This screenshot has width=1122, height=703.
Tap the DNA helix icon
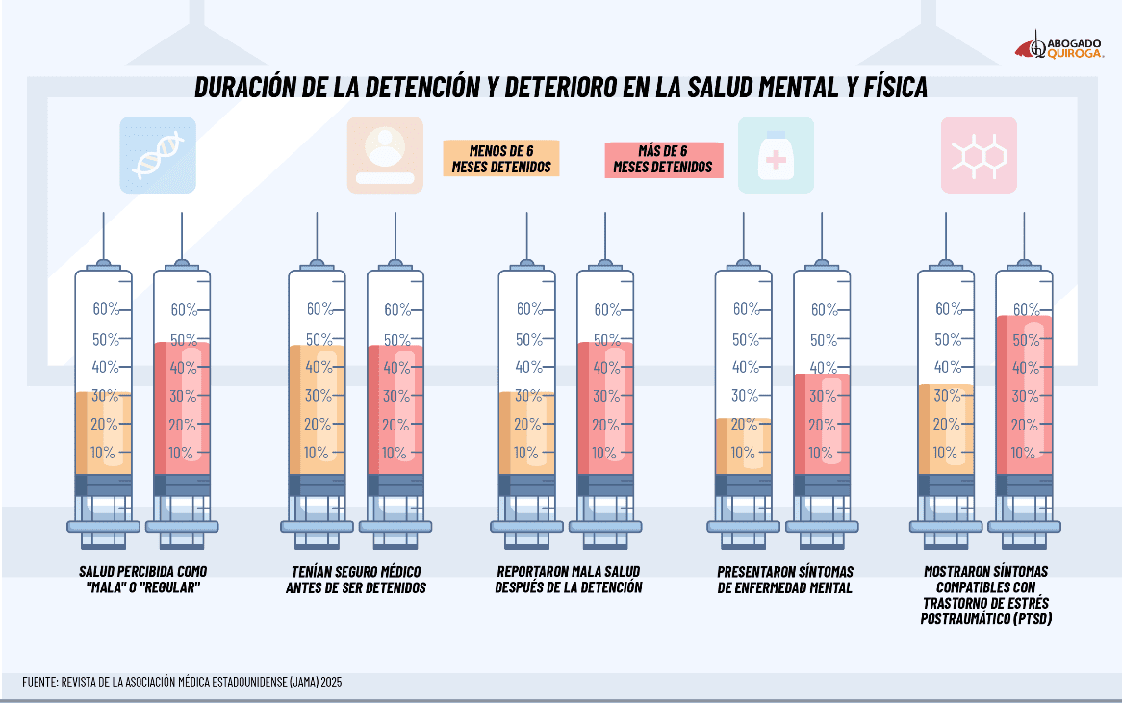point(158,155)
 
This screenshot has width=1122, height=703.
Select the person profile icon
point(385,155)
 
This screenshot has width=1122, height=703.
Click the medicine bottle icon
point(775,155)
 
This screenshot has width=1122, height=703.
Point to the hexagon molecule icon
point(979,155)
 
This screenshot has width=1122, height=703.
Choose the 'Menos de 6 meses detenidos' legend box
point(501,159)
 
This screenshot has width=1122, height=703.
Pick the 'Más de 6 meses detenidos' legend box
point(662,159)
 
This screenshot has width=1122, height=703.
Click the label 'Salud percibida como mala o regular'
point(142,579)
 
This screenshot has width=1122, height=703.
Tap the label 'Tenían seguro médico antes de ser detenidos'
point(356,579)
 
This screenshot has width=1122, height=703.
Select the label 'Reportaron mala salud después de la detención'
point(570,579)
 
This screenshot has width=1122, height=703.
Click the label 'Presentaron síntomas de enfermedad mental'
point(785,579)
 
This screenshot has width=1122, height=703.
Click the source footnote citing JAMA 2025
point(182,682)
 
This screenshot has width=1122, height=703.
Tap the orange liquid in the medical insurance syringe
point(317,409)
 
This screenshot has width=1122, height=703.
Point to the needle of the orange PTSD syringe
point(946,236)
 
